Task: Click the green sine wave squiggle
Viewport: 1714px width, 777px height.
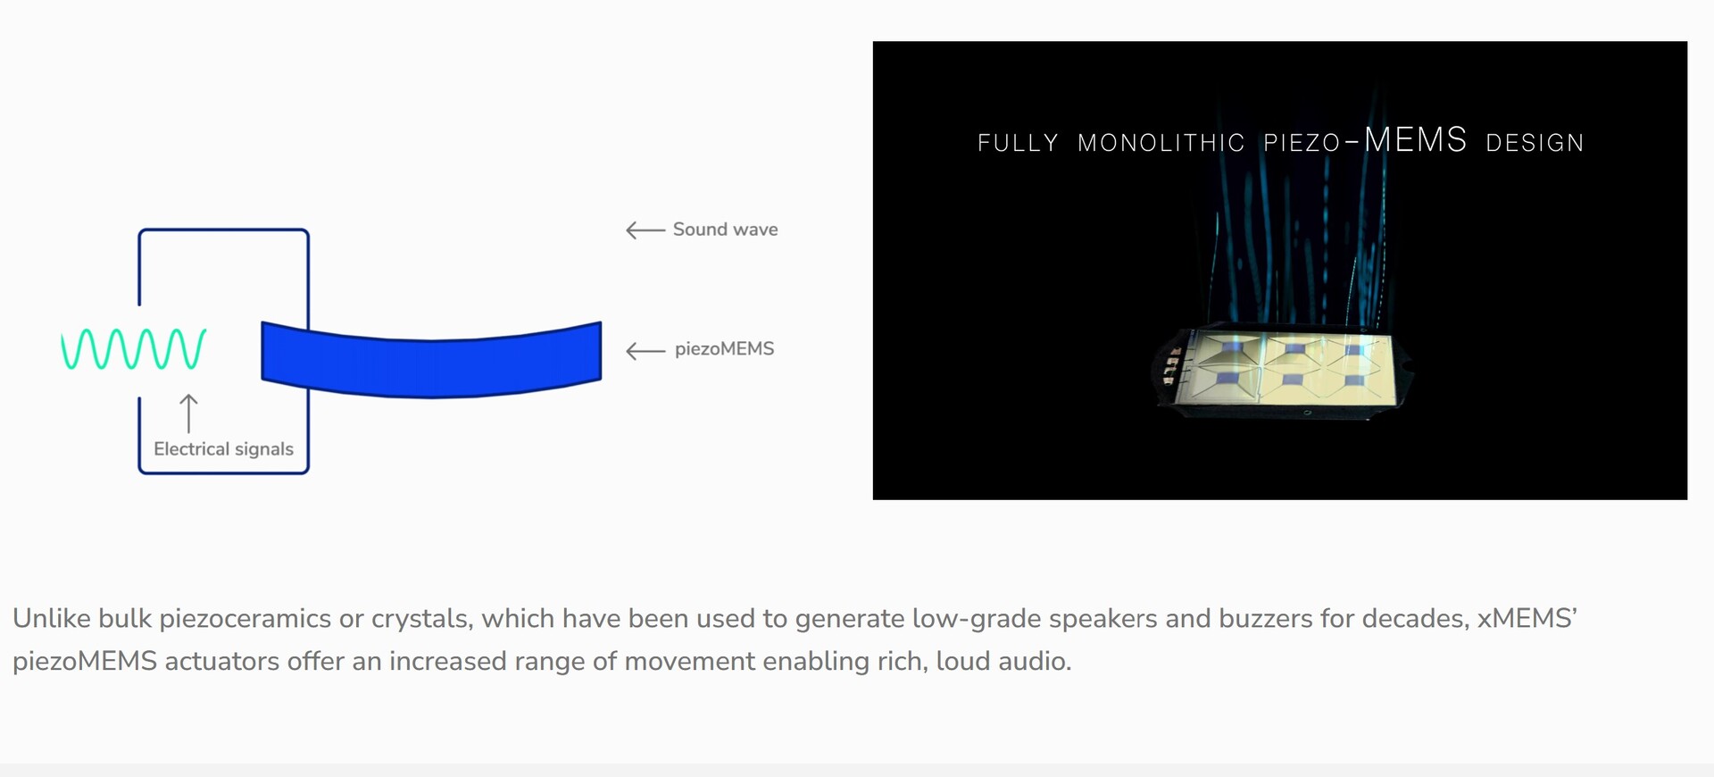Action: tap(133, 348)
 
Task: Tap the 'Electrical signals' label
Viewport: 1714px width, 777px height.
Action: tap(223, 449)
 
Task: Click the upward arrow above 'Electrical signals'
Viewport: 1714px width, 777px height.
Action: tap(188, 414)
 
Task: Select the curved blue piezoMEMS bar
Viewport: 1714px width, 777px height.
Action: tap(431, 359)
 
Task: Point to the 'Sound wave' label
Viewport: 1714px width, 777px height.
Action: tap(725, 230)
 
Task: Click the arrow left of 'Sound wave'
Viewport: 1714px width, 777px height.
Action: tap(645, 230)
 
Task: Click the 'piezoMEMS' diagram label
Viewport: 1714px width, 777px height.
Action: tap(724, 349)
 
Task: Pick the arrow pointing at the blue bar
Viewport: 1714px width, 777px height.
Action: tap(645, 351)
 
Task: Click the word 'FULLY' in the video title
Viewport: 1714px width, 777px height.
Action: tap(1018, 143)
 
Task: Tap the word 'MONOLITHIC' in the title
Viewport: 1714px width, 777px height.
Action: tap(1161, 143)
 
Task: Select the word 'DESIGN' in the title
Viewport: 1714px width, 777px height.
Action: tap(1535, 143)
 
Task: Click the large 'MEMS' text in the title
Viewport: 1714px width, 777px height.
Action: tap(1415, 139)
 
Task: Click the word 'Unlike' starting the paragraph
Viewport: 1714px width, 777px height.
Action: tap(52, 618)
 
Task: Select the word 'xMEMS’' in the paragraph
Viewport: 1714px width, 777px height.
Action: tap(1527, 618)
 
